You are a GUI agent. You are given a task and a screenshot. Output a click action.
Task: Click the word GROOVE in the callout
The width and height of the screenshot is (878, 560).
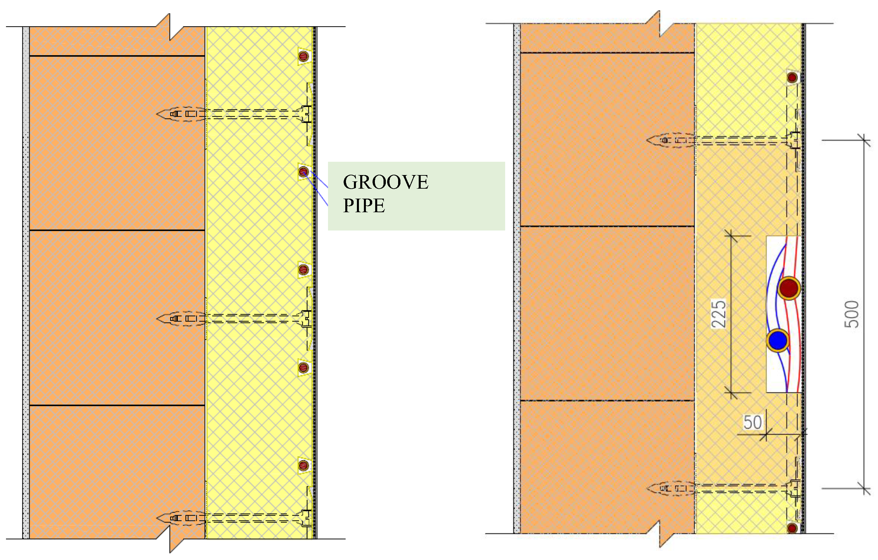tap(385, 182)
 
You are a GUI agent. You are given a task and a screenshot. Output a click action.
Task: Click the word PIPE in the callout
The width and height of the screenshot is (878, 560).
tap(364, 206)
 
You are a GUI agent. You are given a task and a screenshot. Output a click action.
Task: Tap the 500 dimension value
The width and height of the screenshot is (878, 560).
tap(851, 314)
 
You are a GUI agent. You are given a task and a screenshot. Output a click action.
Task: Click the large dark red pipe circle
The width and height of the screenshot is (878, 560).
tap(789, 288)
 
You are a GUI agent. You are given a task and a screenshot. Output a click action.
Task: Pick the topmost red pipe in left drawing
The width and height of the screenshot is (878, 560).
tap(304, 56)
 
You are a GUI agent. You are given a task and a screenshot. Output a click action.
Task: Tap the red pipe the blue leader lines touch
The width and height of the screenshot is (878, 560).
tap(304, 171)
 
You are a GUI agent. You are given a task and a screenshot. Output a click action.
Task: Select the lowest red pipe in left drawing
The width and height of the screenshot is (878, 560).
tap(304, 465)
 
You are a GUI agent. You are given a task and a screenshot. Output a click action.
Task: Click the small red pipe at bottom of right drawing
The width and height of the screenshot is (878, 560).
tap(792, 528)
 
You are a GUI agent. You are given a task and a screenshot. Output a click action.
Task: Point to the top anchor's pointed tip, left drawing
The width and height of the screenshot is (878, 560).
tap(157, 114)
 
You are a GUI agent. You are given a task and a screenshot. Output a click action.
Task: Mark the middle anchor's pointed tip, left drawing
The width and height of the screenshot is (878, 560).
tap(157, 319)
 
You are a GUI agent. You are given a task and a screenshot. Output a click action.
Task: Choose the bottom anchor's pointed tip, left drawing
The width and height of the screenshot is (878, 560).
tap(157, 518)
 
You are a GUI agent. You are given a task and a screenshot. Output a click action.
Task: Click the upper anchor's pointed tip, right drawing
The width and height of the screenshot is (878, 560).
tap(647, 140)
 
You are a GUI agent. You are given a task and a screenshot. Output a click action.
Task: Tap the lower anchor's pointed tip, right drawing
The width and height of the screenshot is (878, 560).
tap(647, 488)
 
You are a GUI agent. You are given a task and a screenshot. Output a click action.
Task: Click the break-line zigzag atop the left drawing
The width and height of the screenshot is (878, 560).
tap(170, 27)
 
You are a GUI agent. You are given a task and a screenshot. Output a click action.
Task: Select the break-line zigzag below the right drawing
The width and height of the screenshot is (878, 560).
tap(660, 534)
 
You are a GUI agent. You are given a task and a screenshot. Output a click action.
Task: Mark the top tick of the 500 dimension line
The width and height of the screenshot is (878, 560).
tap(864, 140)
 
